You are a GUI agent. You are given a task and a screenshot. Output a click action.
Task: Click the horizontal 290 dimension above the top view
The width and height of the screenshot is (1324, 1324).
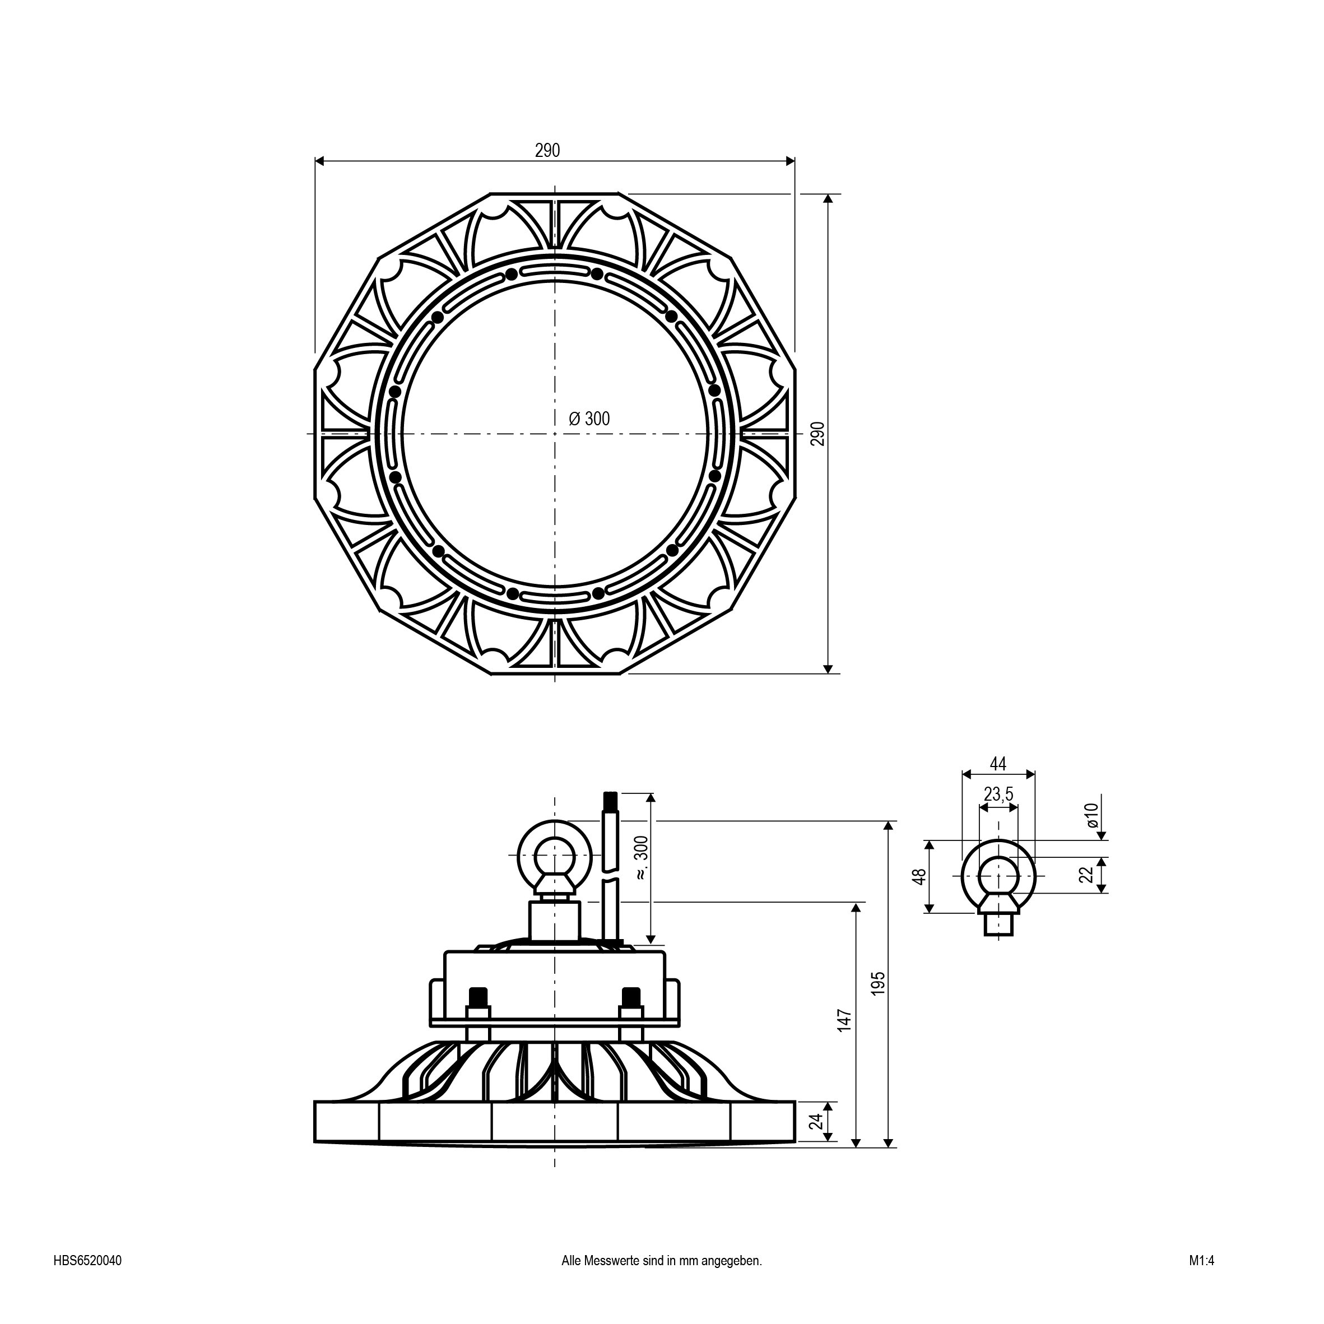pyautogui.click(x=547, y=151)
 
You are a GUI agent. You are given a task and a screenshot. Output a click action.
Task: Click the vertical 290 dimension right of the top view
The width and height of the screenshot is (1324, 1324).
pyautogui.click(x=817, y=433)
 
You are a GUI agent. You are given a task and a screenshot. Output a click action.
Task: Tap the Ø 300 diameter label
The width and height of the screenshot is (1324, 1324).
pyautogui.click(x=589, y=419)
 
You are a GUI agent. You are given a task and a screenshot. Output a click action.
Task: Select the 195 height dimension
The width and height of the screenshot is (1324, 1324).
pyautogui.click(x=879, y=983)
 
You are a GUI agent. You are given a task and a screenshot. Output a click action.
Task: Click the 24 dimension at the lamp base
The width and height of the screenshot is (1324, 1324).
pyautogui.click(x=815, y=1121)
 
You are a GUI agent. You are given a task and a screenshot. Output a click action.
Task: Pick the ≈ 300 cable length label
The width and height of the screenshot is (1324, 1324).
pyautogui.click(x=642, y=858)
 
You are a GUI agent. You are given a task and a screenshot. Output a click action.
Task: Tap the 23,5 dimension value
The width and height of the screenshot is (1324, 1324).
pyautogui.click(x=998, y=795)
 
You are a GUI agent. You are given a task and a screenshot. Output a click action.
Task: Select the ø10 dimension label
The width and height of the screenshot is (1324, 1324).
pyautogui.click(x=1091, y=815)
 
